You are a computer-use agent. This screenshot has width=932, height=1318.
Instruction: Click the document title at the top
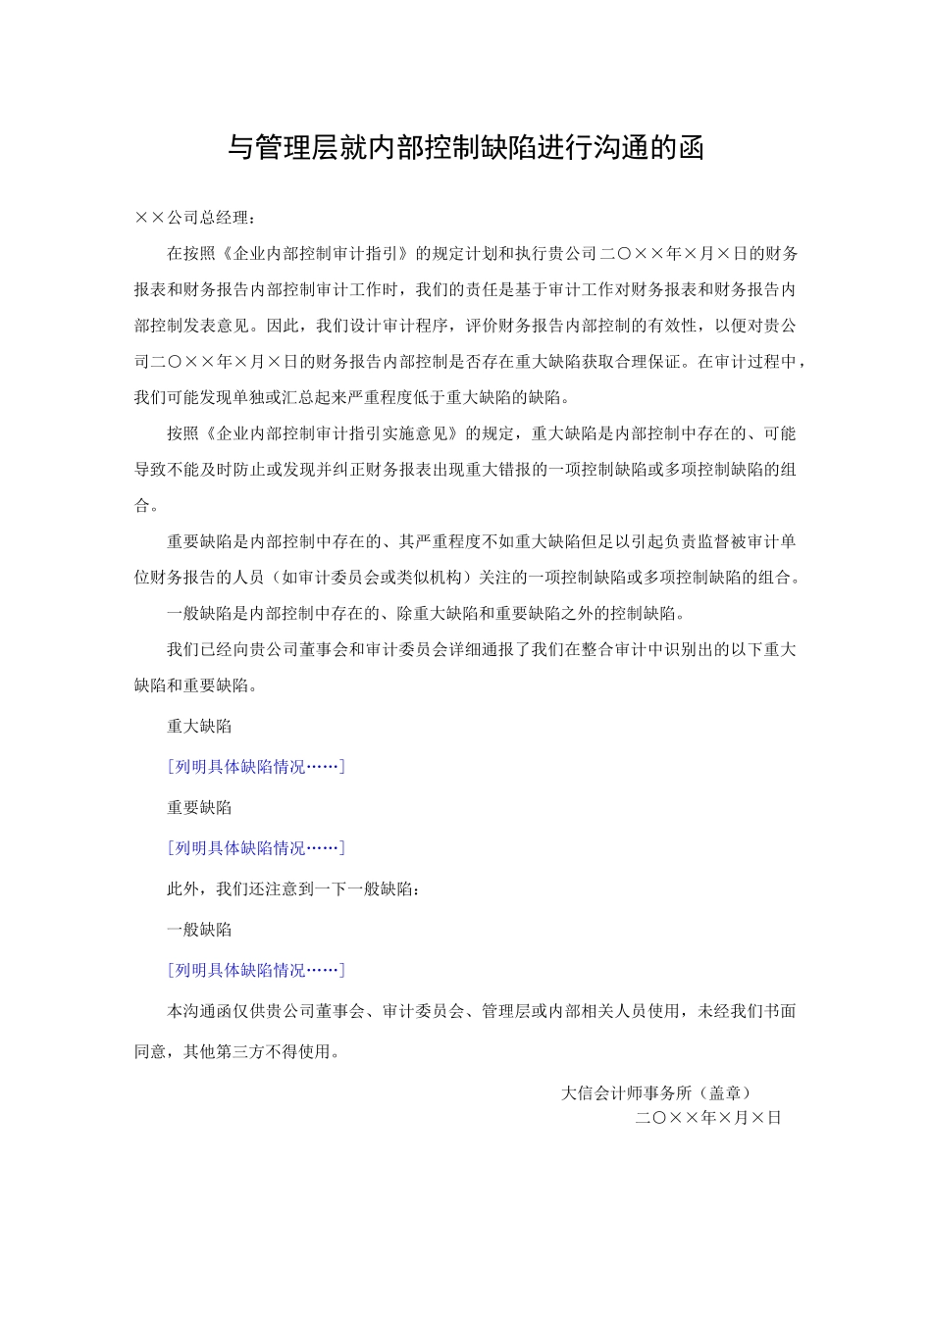pyautogui.click(x=466, y=148)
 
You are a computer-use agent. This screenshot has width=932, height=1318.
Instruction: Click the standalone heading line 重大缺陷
pyautogui.click(x=199, y=727)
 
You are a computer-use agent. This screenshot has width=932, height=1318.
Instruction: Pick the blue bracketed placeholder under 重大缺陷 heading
pyautogui.click(x=256, y=767)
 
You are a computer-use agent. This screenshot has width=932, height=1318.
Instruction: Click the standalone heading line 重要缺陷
pyautogui.click(x=199, y=808)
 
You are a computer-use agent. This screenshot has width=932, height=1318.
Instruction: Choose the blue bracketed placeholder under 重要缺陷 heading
pyautogui.click(x=256, y=848)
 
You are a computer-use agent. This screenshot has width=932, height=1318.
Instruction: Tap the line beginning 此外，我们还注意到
pyautogui.click(x=294, y=889)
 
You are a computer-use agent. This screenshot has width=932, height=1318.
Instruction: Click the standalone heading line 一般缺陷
pyautogui.click(x=199, y=930)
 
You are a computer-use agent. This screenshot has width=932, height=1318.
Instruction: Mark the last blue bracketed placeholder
pyautogui.click(x=256, y=970)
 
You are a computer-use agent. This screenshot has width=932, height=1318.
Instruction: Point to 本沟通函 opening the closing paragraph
pyautogui.click(x=199, y=1011)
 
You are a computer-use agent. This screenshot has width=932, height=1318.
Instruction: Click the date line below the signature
pyautogui.click(x=707, y=1118)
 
